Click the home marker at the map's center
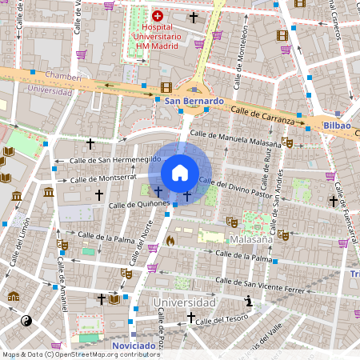(x=180, y=173)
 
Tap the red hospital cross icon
(x=157, y=15)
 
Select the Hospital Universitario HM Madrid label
(x=157, y=36)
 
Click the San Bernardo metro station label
(x=194, y=102)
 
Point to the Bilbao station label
(x=337, y=126)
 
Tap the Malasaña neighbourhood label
(x=250, y=239)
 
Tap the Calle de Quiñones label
(x=139, y=204)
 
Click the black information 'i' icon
(x=249, y=302)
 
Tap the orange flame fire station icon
(x=170, y=240)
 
